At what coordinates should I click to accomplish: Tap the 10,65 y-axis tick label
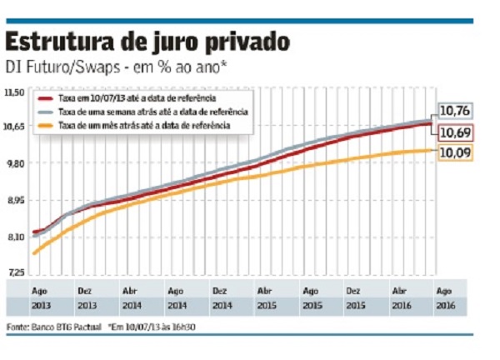click(16, 127)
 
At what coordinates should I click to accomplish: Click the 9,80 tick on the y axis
click(16, 164)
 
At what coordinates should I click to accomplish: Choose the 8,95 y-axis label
click(16, 201)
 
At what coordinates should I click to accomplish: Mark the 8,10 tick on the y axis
click(16, 237)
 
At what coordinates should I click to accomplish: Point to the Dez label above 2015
click(353, 292)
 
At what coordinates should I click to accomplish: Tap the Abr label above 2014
click(130, 292)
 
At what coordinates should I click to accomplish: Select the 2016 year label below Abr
click(399, 307)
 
